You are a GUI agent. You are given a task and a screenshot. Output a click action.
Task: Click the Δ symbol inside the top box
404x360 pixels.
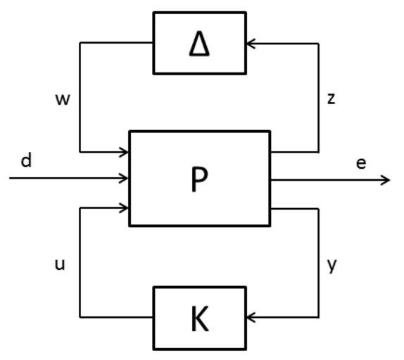(199, 44)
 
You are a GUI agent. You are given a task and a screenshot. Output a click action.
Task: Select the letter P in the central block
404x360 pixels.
(199, 179)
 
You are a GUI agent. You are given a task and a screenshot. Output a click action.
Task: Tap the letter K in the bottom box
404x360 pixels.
(200, 319)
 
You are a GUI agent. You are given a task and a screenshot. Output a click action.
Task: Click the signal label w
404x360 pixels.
(63, 99)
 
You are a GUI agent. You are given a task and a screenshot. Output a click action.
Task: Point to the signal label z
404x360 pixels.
(331, 99)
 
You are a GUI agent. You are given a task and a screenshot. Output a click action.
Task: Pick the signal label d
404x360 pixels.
(26, 160)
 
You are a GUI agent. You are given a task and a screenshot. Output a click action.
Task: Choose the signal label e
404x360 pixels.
(361, 163)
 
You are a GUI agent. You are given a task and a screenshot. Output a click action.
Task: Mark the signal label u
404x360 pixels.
(60, 264)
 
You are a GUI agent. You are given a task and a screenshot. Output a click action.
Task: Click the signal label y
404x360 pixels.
(332, 266)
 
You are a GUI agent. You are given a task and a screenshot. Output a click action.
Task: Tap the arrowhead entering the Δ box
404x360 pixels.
(251, 44)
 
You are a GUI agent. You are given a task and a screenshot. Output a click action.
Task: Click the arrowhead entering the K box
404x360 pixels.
(251, 317)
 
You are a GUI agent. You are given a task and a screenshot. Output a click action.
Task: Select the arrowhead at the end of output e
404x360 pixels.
(386, 180)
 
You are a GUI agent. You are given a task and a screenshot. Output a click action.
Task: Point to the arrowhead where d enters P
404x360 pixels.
(124, 178)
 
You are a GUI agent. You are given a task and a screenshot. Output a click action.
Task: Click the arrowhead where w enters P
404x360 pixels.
(124, 152)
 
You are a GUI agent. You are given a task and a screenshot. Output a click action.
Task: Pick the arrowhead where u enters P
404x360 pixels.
(124, 208)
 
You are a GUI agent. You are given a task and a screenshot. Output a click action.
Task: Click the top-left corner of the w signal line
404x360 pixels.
(80, 43)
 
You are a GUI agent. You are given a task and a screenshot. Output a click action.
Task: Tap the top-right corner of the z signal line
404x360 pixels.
(319, 44)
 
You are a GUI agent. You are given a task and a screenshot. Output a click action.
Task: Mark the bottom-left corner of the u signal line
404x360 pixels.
(80, 317)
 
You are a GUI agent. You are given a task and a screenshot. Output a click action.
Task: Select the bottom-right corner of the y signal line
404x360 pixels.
(319, 317)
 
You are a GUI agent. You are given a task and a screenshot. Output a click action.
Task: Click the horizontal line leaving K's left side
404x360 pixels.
(116, 317)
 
